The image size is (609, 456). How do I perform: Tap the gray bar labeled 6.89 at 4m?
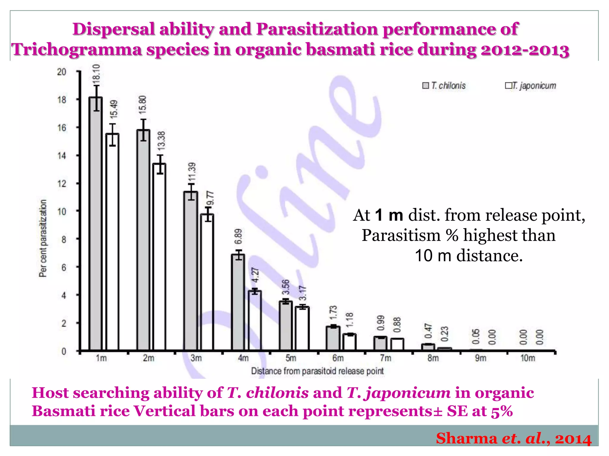(x=238, y=303)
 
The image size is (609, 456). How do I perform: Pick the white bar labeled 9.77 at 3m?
(x=207, y=282)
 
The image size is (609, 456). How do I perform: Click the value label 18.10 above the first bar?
(x=97, y=73)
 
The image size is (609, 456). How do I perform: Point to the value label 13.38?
(x=161, y=141)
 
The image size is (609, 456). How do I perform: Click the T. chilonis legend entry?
(x=444, y=86)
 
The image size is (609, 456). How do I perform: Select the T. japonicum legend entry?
(x=530, y=86)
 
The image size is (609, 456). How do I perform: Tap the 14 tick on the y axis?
(x=62, y=156)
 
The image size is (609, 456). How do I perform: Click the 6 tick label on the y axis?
(x=64, y=267)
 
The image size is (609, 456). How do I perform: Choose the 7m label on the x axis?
(x=385, y=358)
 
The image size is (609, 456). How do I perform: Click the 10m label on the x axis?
(x=528, y=358)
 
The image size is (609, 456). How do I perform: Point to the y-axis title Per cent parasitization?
(x=43, y=238)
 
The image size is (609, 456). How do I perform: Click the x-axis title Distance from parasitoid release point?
(x=317, y=371)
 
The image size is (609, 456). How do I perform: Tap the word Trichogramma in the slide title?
(x=77, y=49)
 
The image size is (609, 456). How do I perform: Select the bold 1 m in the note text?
(x=389, y=215)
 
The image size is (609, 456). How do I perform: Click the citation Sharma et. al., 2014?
(x=514, y=438)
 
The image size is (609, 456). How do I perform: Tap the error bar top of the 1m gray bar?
(x=97, y=86)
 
